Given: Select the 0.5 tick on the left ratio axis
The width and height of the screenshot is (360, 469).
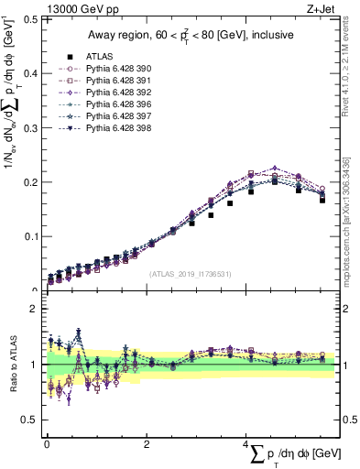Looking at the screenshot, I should (x=30, y=420).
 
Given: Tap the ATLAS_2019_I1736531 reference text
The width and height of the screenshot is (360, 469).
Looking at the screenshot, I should (x=191, y=274).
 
